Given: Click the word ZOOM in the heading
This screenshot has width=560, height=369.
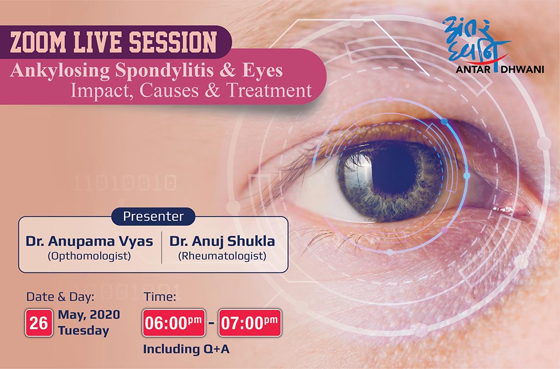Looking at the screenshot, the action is [x=38, y=42].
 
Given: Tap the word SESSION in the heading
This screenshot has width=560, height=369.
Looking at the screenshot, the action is [x=173, y=42].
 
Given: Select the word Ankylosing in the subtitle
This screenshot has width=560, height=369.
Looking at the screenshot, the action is [x=60, y=71].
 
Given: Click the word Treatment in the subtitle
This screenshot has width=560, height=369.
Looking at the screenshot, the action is [x=270, y=90].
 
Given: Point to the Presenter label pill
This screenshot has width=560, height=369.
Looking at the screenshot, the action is [x=153, y=216].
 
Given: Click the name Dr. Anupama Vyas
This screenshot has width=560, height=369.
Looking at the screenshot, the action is [x=89, y=241].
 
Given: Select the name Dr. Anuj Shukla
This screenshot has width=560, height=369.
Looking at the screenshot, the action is [x=222, y=241].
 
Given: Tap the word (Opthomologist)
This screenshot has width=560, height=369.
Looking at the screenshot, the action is [x=89, y=256].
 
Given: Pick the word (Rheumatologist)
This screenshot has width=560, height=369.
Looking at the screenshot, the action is [x=222, y=256].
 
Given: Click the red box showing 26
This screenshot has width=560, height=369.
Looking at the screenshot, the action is [x=39, y=323].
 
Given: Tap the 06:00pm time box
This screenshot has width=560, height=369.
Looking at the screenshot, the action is [x=174, y=323].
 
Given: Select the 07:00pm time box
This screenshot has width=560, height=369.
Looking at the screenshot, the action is [x=250, y=323].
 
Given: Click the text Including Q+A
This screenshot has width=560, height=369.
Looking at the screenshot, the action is [x=186, y=349].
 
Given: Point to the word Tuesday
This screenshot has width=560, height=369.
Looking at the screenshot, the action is [x=84, y=330].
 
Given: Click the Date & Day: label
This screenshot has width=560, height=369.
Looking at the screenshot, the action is [x=60, y=297].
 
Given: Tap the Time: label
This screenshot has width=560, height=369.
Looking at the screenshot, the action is [x=160, y=297].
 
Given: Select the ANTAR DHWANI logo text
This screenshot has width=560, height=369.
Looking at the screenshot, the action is [x=500, y=69].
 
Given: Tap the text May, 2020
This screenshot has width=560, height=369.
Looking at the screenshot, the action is [x=89, y=315].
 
